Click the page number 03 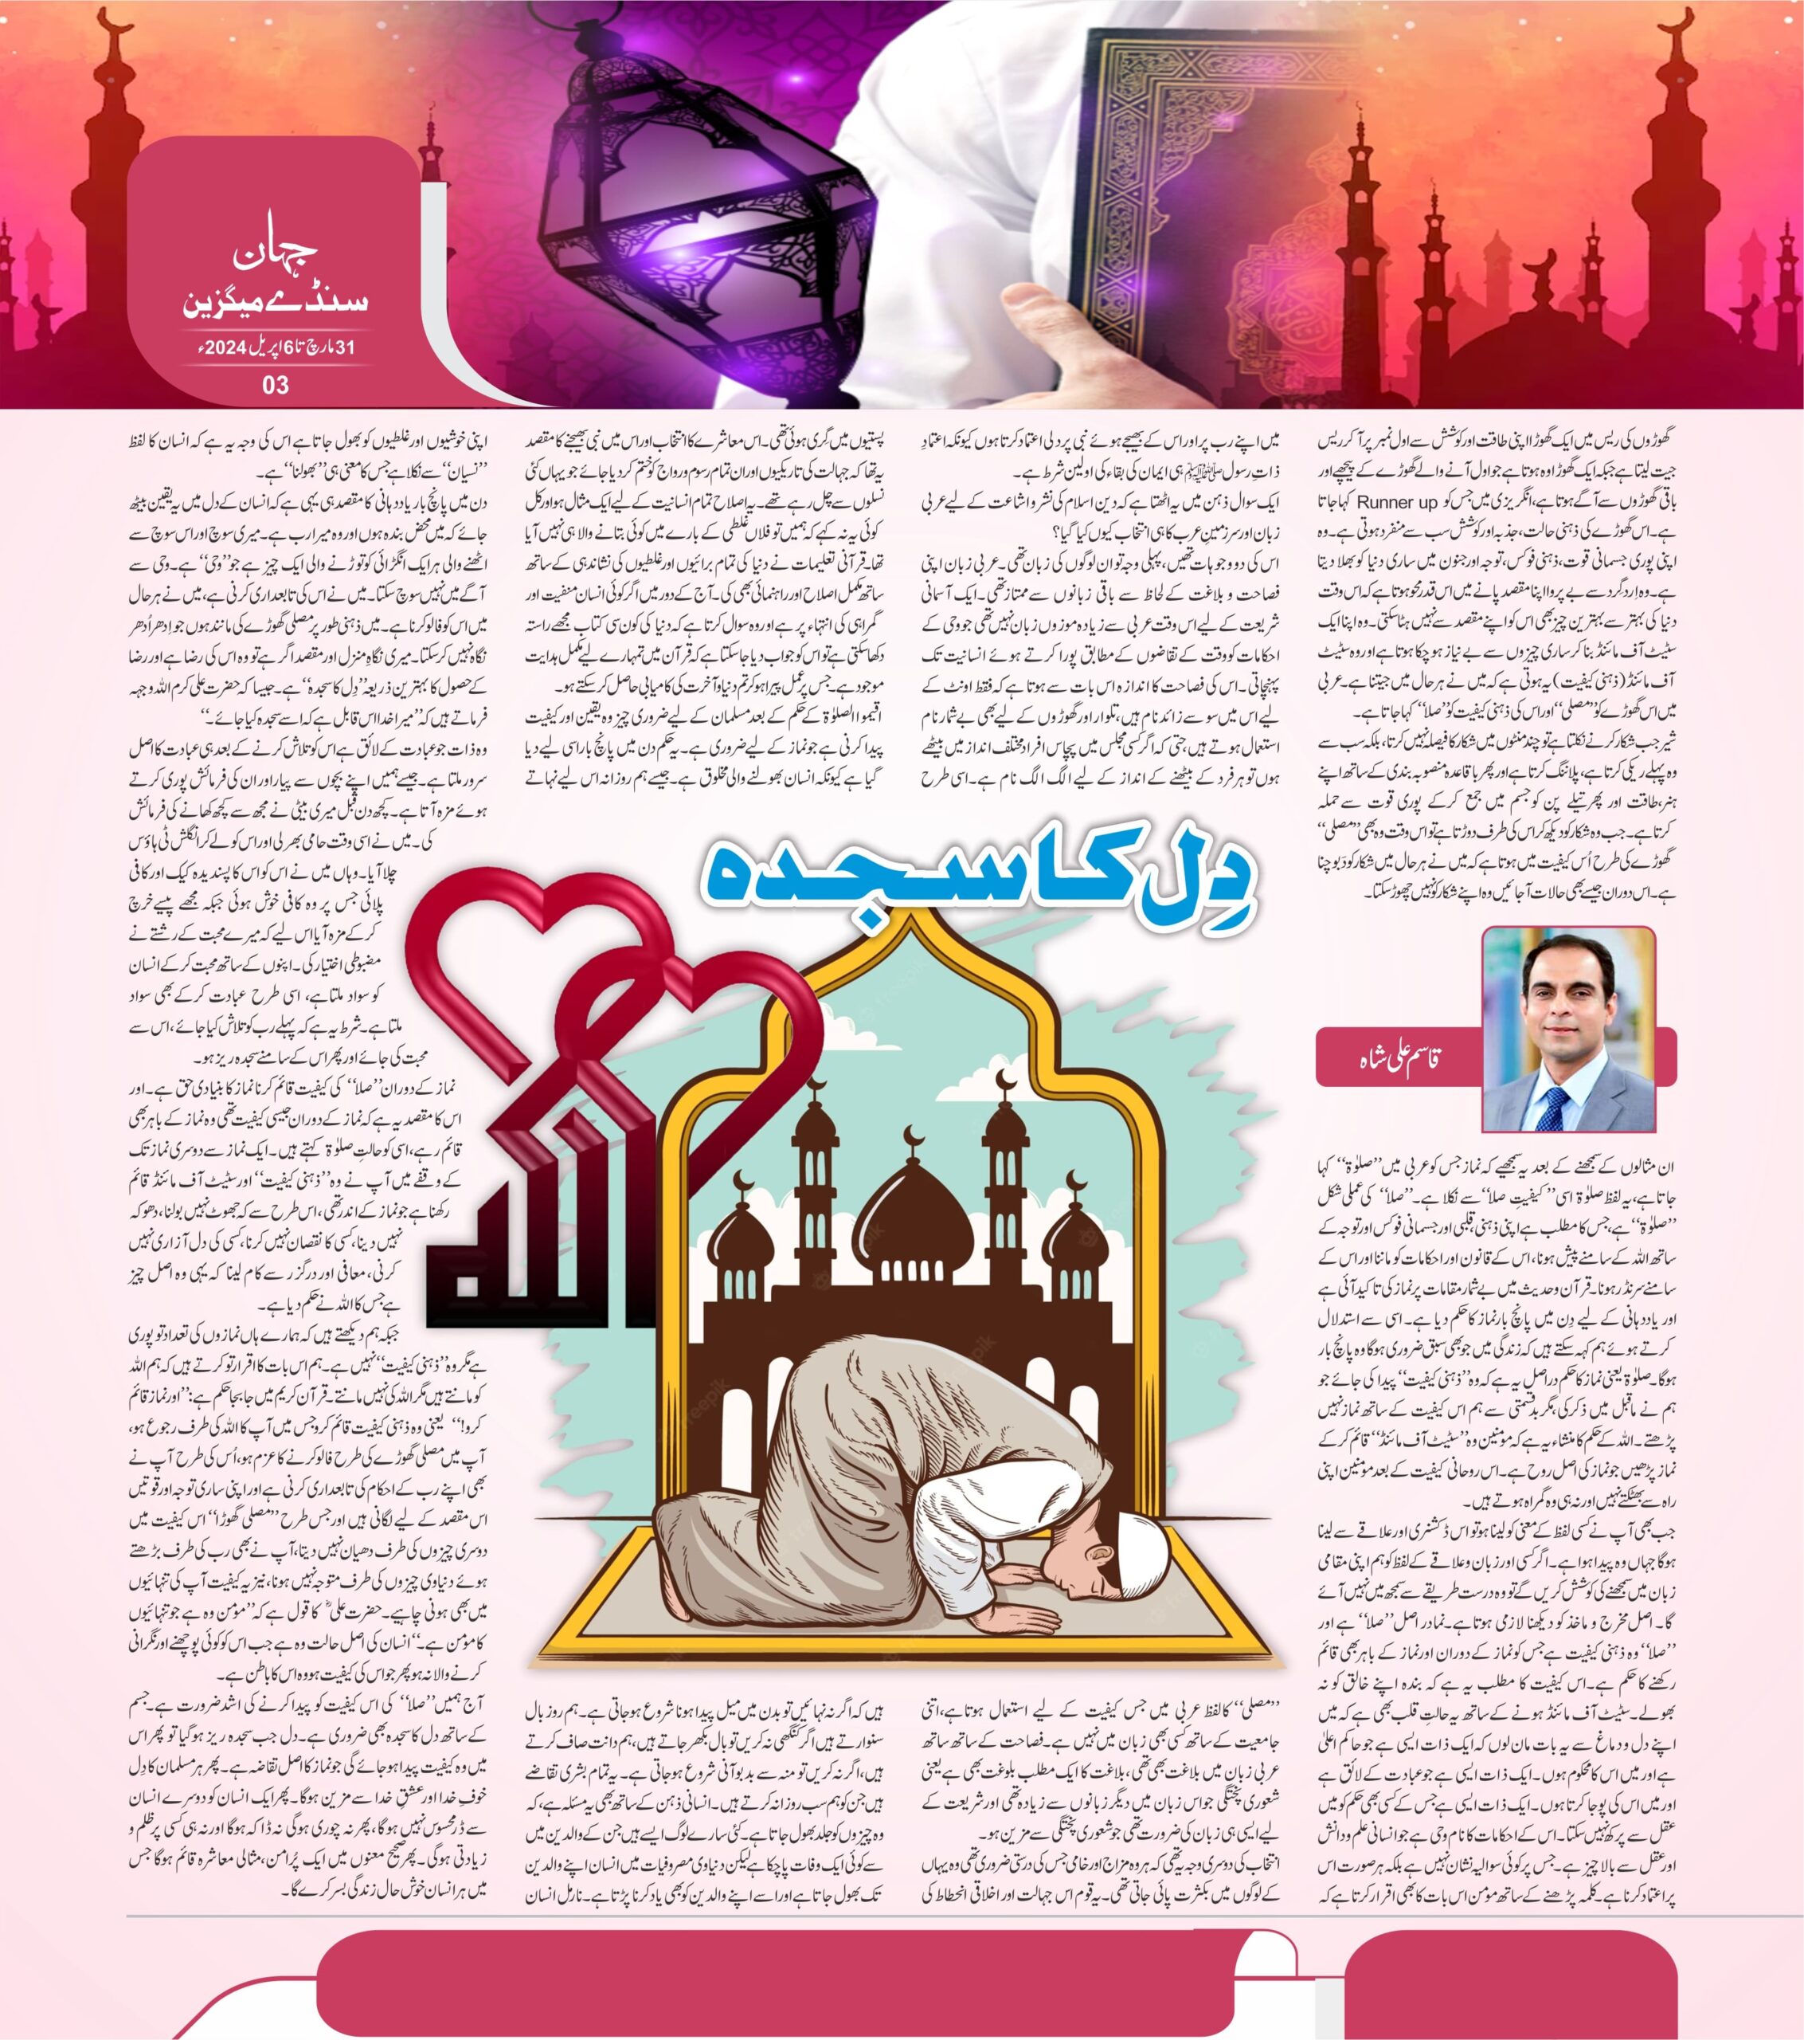tap(276, 384)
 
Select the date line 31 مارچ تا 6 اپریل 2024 tap(276, 348)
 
